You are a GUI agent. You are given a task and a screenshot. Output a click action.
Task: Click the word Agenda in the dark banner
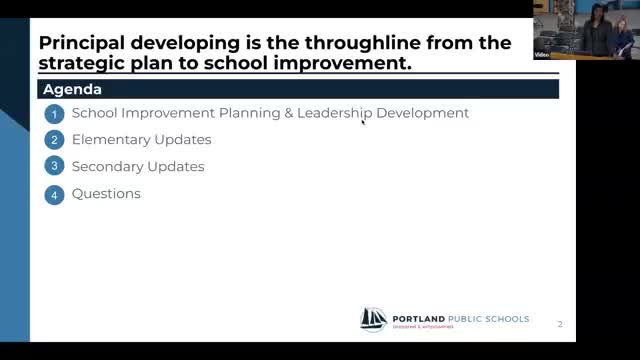72,89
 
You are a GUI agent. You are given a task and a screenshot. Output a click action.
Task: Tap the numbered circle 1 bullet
55,114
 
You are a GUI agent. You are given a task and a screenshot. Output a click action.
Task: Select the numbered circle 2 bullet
55,140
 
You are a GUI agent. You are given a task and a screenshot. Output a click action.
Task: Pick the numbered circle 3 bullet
55,167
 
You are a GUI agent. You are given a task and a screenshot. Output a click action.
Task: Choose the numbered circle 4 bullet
55,194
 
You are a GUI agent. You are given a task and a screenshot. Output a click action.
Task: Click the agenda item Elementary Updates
141,140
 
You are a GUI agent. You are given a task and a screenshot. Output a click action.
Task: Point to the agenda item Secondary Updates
138,167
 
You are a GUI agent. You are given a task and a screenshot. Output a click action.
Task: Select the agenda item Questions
106,194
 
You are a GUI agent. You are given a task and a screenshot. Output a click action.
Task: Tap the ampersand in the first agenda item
287,113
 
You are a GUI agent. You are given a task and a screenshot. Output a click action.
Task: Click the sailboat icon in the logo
373,319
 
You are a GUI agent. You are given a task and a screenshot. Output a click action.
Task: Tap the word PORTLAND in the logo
419,319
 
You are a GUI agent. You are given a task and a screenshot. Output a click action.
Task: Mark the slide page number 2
560,324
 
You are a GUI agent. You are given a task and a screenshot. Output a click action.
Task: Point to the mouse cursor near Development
363,121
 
